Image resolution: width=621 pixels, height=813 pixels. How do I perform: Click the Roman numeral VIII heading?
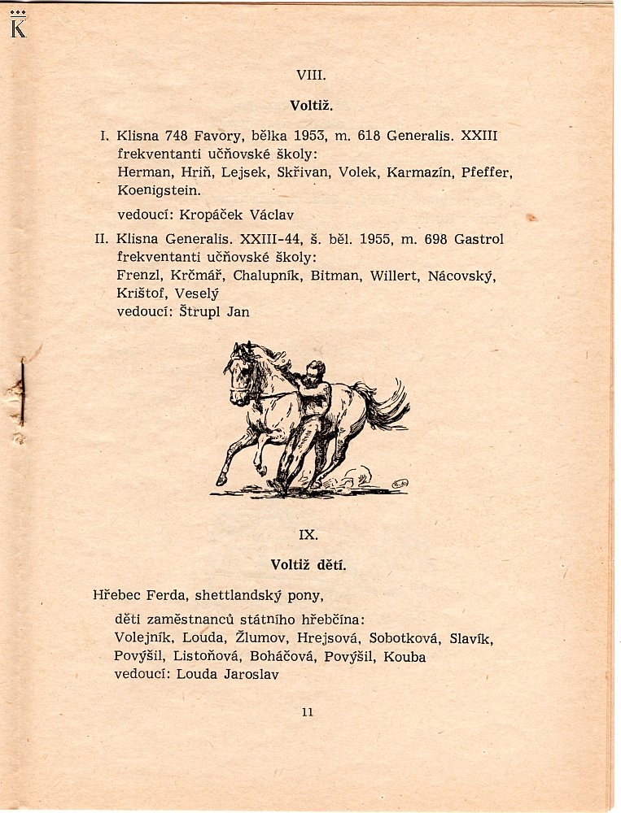tap(312, 75)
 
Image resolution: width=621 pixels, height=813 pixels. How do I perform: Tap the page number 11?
tap(307, 712)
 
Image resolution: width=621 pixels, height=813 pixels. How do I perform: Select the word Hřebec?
tap(117, 595)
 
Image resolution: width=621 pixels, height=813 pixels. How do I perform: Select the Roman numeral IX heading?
tap(308, 534)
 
